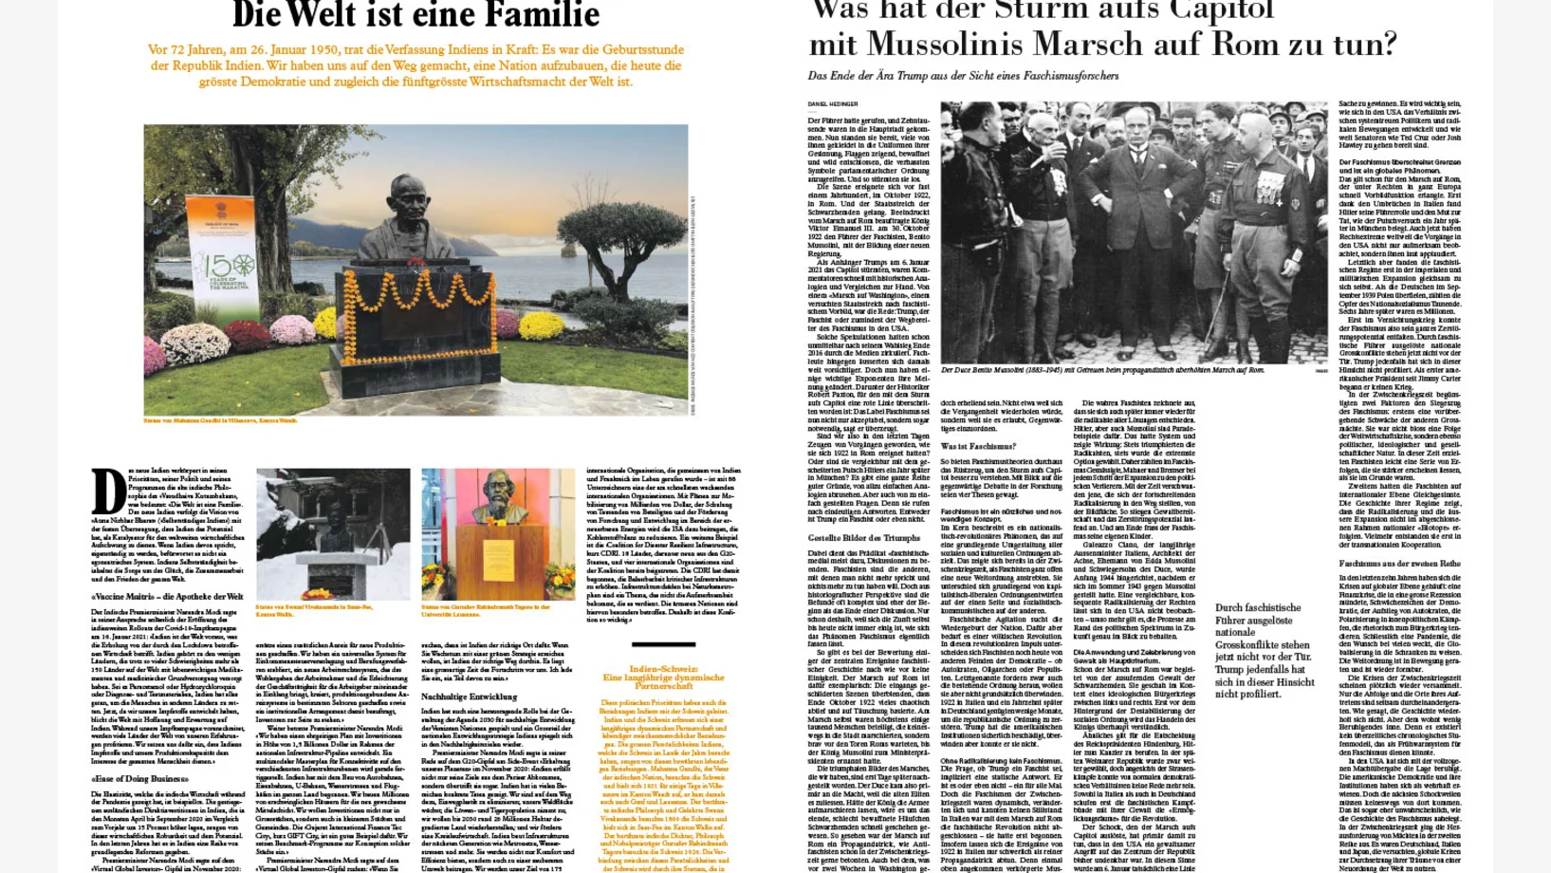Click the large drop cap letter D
108,492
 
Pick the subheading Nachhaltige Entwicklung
469,697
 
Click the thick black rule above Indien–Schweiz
663,644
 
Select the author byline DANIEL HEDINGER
833,104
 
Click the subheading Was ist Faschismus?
978,446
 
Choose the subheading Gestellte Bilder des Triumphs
864,538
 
